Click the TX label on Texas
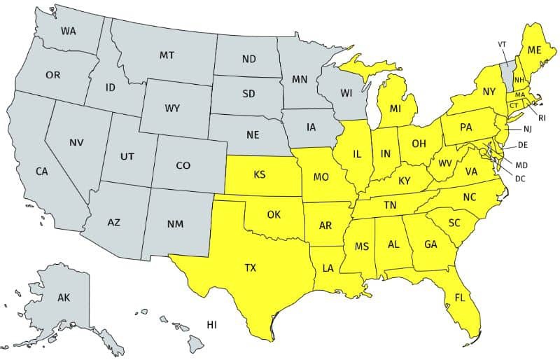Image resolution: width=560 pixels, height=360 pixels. [250, 268]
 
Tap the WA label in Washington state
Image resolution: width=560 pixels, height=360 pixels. [68, 31]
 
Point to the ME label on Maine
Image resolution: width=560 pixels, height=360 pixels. [535, 50]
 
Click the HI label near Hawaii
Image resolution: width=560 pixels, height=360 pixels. [211, 324]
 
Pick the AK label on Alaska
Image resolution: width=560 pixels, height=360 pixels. [64, 298]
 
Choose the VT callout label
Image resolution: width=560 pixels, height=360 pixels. [502, 44]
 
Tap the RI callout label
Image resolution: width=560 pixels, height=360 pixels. [542, 118]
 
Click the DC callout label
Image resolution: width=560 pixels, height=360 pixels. [520, 179]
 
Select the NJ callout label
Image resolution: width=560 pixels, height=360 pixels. [527, 130]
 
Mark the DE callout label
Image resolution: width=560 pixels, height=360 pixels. [522, 146]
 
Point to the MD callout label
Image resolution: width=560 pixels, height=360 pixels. [521, 165]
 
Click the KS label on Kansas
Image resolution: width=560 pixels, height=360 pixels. [259, 174]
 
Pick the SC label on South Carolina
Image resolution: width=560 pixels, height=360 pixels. [454, 222]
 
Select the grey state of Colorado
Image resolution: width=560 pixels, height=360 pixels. [183, 166]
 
